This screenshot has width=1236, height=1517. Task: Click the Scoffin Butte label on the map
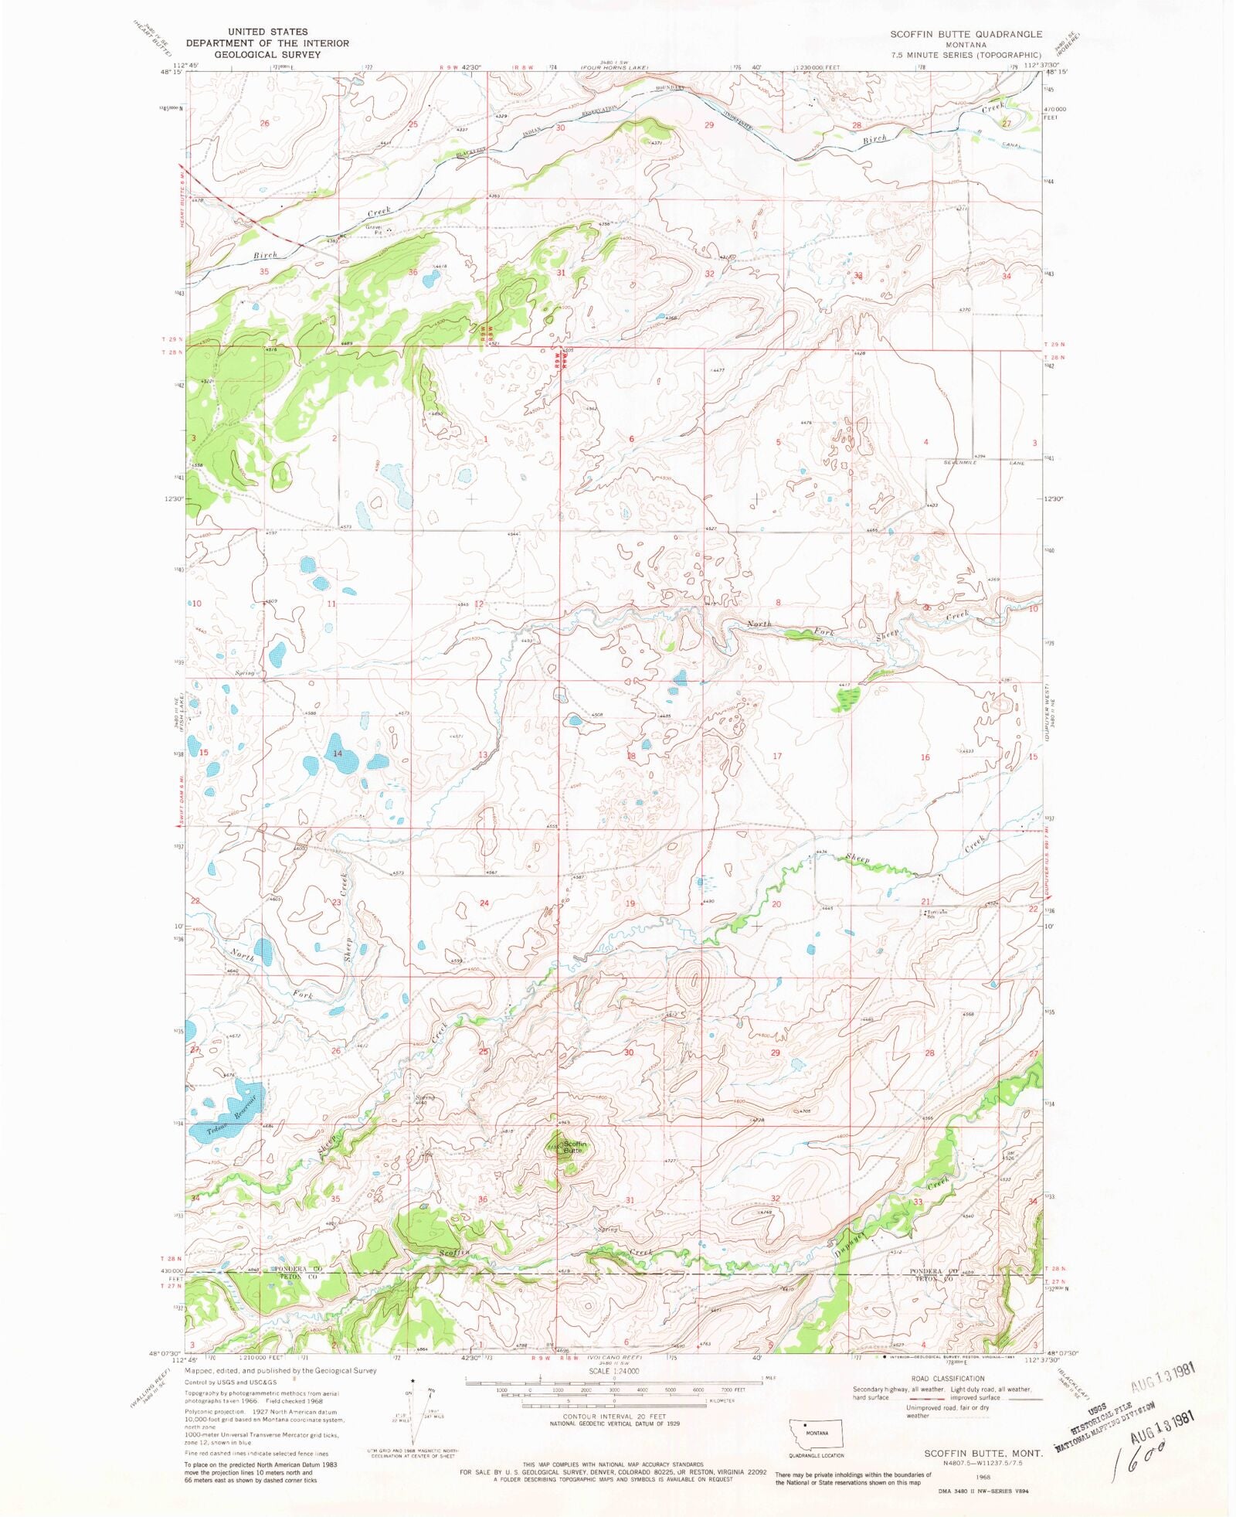[x=574, y=1147]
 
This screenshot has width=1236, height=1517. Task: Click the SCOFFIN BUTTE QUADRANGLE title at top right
[x=966, y=34]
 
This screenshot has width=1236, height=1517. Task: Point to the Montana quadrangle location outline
[x=815, y=1434]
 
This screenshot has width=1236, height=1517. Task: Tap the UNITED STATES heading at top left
[x=267, y=32]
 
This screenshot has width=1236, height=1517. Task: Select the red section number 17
[x=777, y=756]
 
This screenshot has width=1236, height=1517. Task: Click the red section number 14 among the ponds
[x=338, y=753]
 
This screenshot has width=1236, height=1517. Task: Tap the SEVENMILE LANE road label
[x=983, y=463]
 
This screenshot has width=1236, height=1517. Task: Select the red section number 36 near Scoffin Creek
[x=483, y=1199]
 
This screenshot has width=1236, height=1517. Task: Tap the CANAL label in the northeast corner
[x=1010, y=145]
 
